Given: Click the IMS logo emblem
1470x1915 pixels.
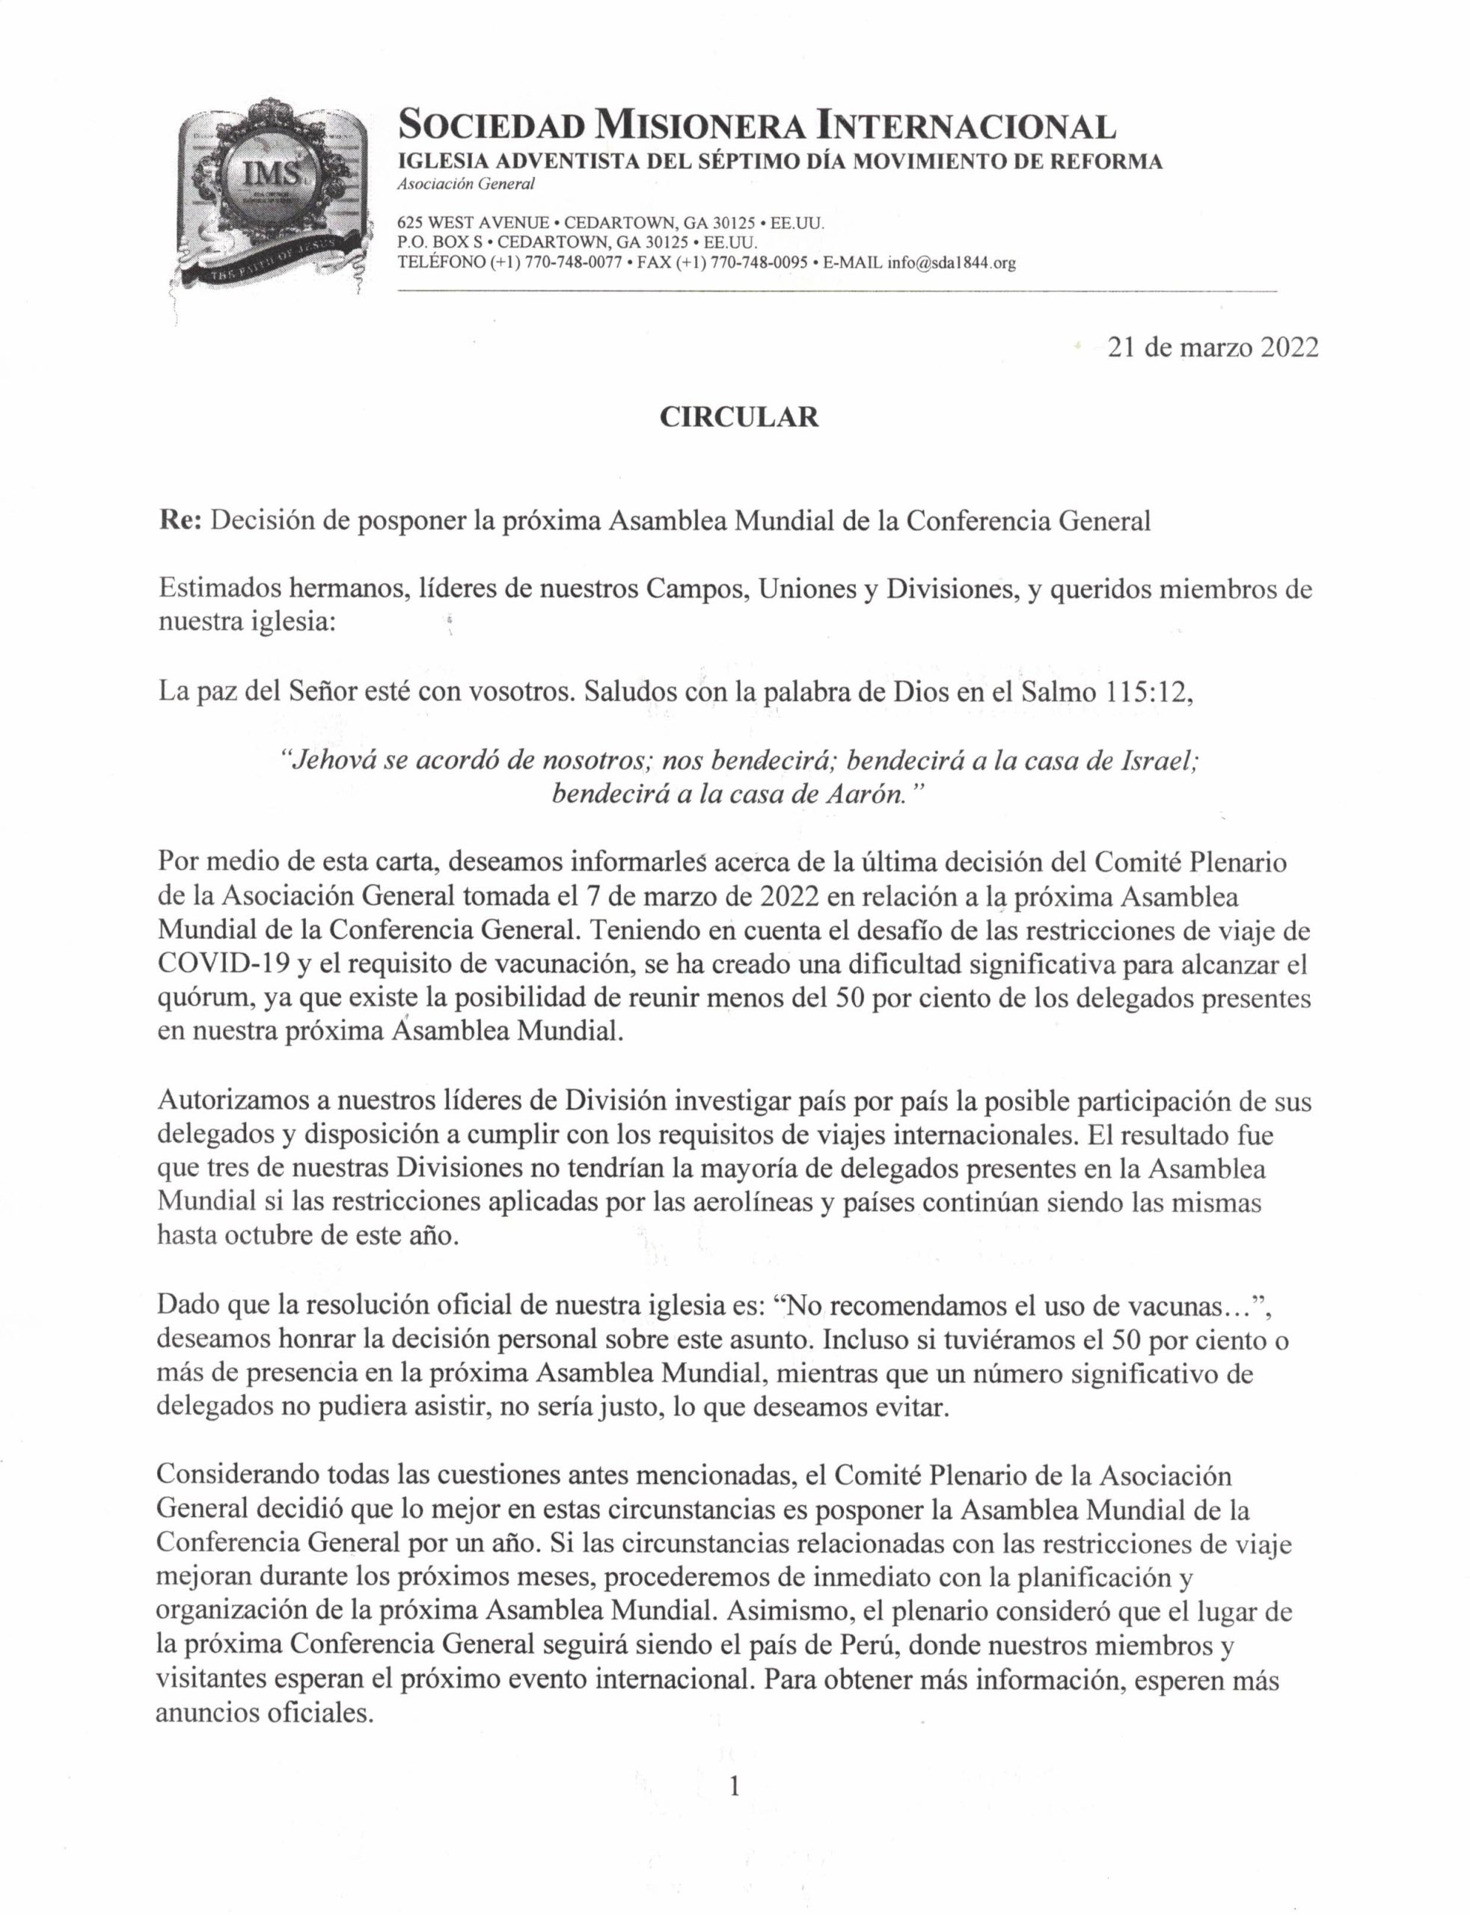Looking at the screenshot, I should (268, 195).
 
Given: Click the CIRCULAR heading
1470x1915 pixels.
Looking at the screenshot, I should (738, 417).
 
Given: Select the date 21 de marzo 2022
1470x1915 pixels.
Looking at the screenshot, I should (1212, 347).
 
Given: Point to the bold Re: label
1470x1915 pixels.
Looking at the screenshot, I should (181, 521).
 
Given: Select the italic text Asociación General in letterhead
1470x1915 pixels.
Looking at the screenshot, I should (465, 185).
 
